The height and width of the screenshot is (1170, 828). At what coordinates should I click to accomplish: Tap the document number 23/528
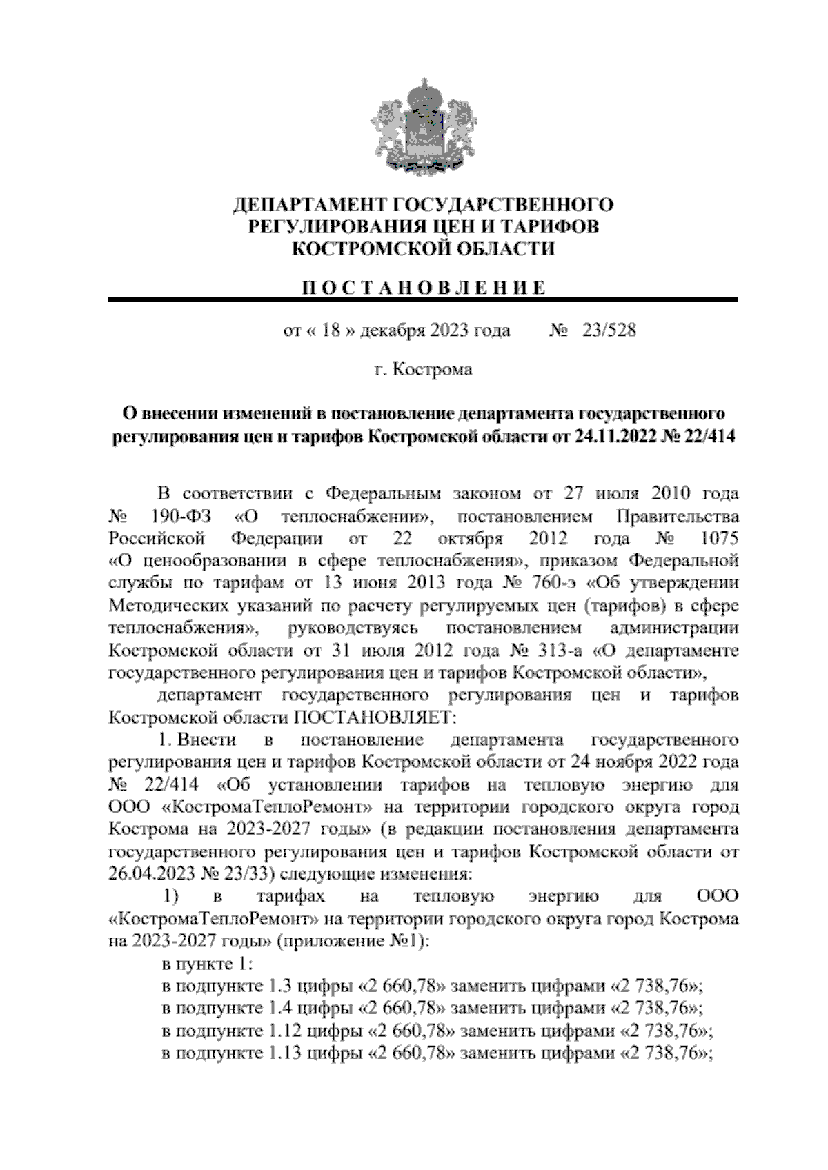609,330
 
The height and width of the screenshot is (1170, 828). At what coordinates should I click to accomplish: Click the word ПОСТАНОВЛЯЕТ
375,717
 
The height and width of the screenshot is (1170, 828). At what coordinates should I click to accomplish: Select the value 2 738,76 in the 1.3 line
660,986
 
